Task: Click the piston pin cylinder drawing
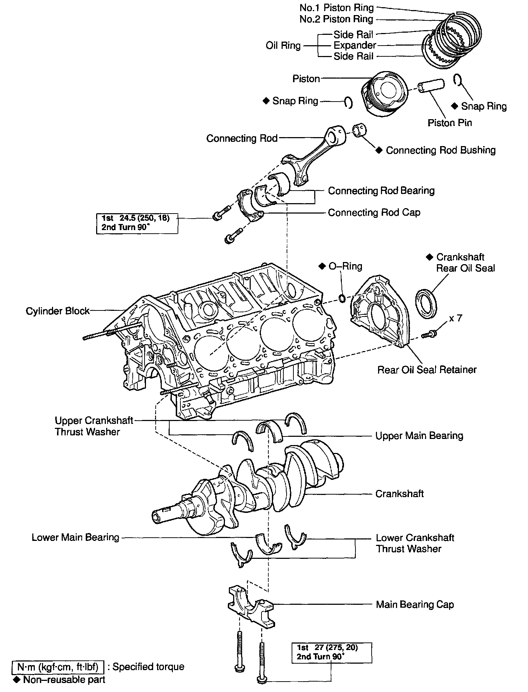pos(431,86)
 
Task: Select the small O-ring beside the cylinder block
pos(342,298)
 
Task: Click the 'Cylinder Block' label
pos(57,311)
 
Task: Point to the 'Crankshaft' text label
pos(399,494)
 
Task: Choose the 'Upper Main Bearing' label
pos(419,436)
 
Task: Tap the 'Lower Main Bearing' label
pos(75,537)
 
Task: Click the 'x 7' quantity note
pos(455,318)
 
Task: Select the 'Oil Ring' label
pos(283,46)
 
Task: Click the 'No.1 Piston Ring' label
pos(336,8)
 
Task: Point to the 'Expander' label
pos(354,46)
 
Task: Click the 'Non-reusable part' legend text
pos(64,679)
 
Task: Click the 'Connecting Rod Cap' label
pos(374,212)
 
